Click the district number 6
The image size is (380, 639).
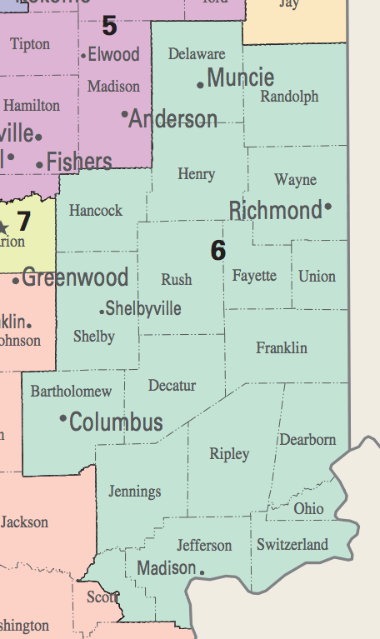click(217, 250)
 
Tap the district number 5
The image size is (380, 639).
click(109, 26)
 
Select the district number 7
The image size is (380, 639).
click(23, 222)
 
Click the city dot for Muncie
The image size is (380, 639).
click(200, 84)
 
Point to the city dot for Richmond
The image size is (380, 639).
click(328, 206)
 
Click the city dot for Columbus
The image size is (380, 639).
click(62, 417)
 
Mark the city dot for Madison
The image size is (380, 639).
click(202, 572)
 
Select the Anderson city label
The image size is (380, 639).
click(173, 119)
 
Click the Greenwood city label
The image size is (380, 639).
click(75, 277)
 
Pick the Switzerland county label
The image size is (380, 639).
click(292, 545)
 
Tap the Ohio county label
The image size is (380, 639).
click(308, 508)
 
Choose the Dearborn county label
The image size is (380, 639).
click(307, 439)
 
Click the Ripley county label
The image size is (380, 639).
click(229, 454)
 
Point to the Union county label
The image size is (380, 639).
click(317, 276)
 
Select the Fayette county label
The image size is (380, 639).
click(254, 276)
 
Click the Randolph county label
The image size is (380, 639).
click(289, 97)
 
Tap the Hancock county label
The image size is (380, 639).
click(96, 211)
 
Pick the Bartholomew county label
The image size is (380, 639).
click(71, 391)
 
